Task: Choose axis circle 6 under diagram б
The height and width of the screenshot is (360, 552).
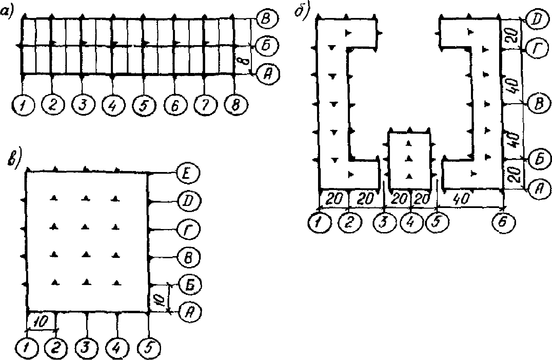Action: [x=503, y=223]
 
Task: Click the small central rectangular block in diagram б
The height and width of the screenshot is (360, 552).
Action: [x=410, y=159]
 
